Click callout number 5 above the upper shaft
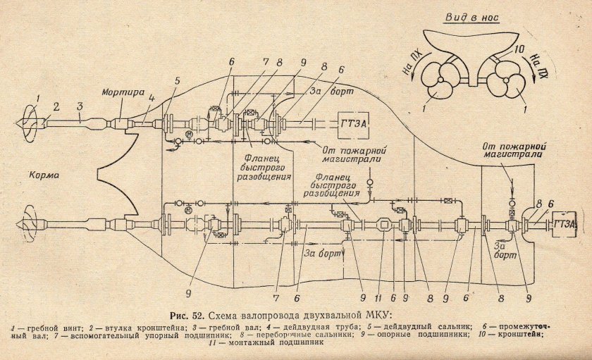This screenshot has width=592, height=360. pyautogui.click(x=178, y=80)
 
